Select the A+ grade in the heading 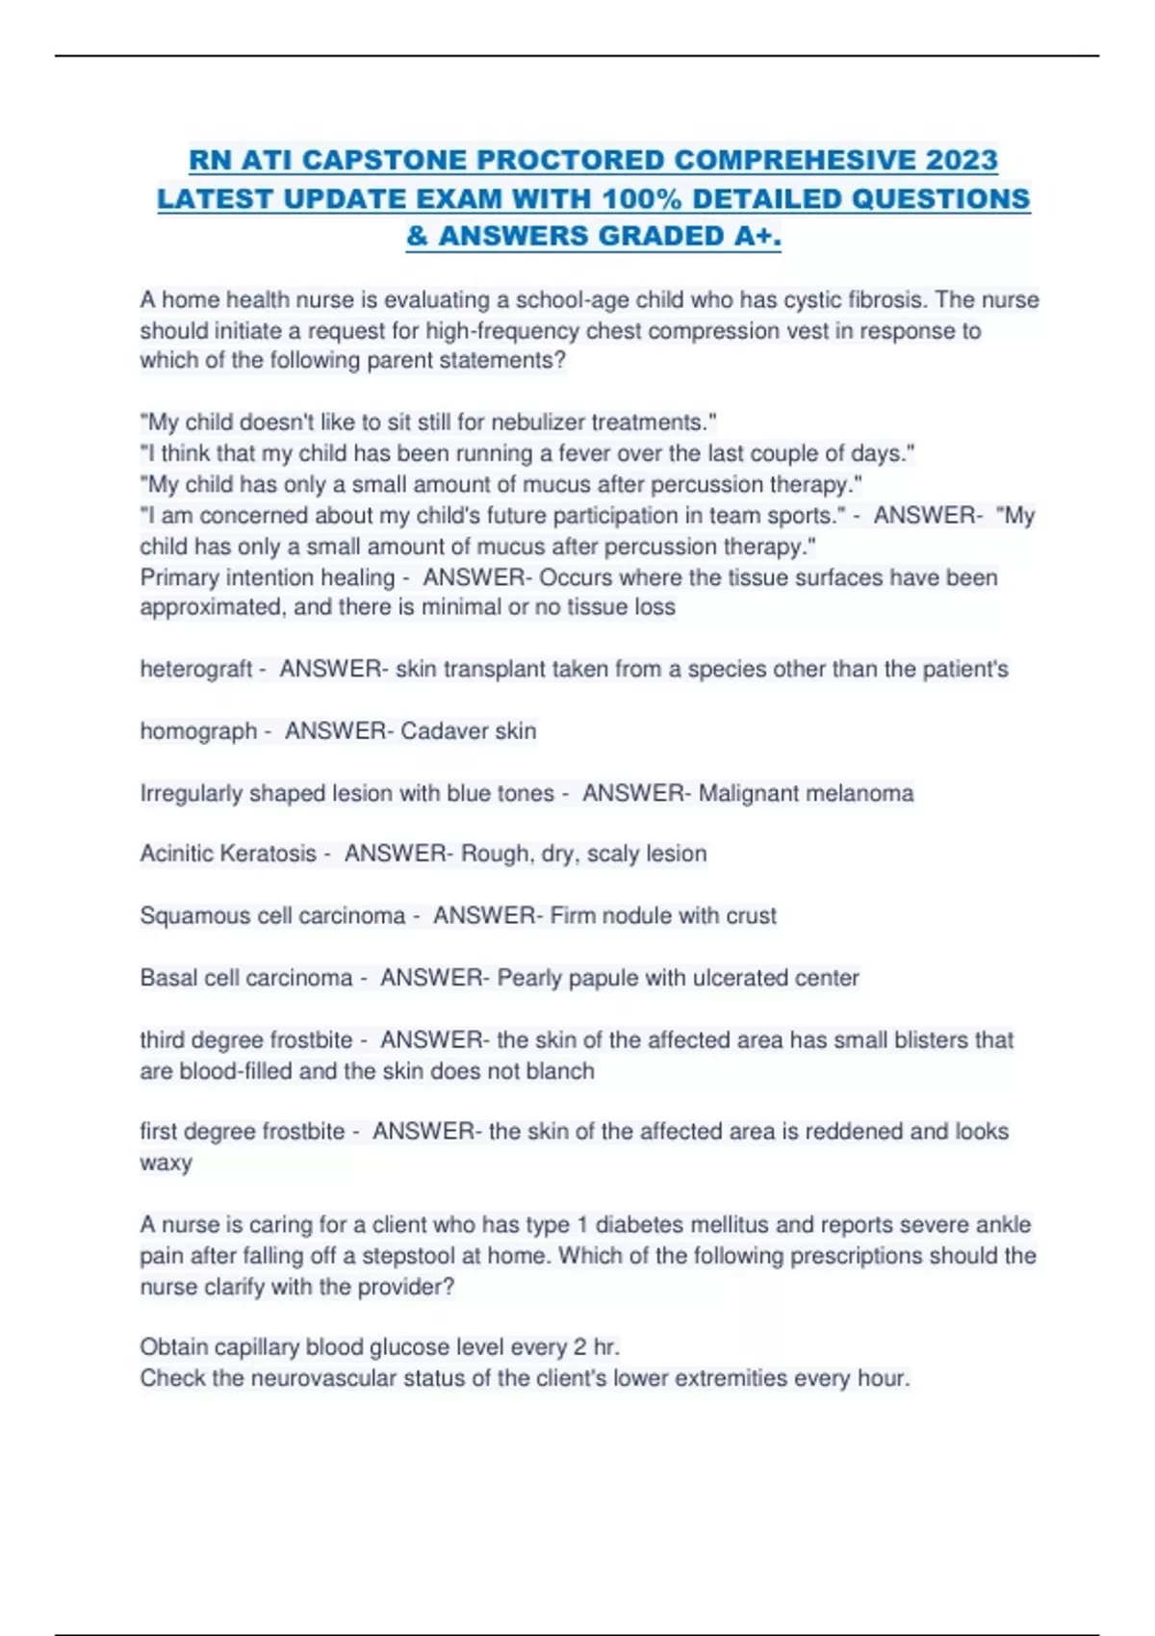pyautogui.click(x=757, y=236)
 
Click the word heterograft pyautogui.click(x=196, y=669)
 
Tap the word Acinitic pyautogui.click(x=180, y=854)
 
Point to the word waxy pyautogui.click(x=166, y=1163)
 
